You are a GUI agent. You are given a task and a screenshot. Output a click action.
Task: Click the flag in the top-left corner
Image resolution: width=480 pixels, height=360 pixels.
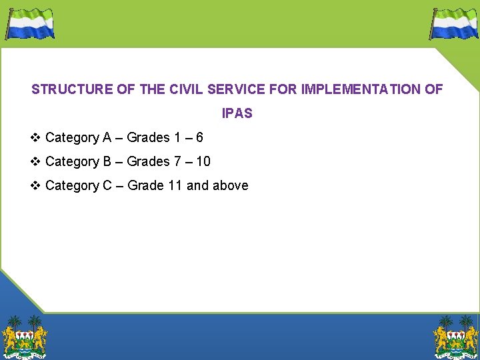(30, 23)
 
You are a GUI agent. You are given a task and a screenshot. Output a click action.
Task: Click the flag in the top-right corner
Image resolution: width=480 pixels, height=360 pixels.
(454, 23)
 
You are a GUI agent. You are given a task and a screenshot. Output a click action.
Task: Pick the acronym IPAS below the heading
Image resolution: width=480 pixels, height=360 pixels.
(237, 113)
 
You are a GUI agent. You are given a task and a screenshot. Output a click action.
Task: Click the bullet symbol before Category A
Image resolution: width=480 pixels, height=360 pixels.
(36, 138)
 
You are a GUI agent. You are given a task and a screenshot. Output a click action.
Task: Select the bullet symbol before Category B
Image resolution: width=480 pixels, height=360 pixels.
(36, 162)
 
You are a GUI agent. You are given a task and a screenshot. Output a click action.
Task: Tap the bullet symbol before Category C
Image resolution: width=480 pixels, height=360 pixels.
(36, 186)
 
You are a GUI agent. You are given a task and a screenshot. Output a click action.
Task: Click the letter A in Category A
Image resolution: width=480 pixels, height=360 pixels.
(107, 138)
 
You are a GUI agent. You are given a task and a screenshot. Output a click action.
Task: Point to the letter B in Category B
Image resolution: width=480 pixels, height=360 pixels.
(107, 162)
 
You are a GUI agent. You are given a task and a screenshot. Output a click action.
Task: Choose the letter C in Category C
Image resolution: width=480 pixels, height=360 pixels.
(107, 186)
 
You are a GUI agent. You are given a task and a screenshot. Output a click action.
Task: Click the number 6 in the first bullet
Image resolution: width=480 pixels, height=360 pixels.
(199, 138)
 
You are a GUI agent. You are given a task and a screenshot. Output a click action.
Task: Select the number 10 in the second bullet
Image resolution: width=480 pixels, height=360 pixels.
(203, 162)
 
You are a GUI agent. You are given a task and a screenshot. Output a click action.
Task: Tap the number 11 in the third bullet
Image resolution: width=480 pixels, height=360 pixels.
(175, 186)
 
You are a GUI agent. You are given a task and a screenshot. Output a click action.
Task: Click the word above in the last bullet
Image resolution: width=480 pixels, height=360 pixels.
(230, 186)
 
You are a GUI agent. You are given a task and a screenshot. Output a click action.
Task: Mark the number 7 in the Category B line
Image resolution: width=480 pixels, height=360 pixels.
(177, 162)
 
